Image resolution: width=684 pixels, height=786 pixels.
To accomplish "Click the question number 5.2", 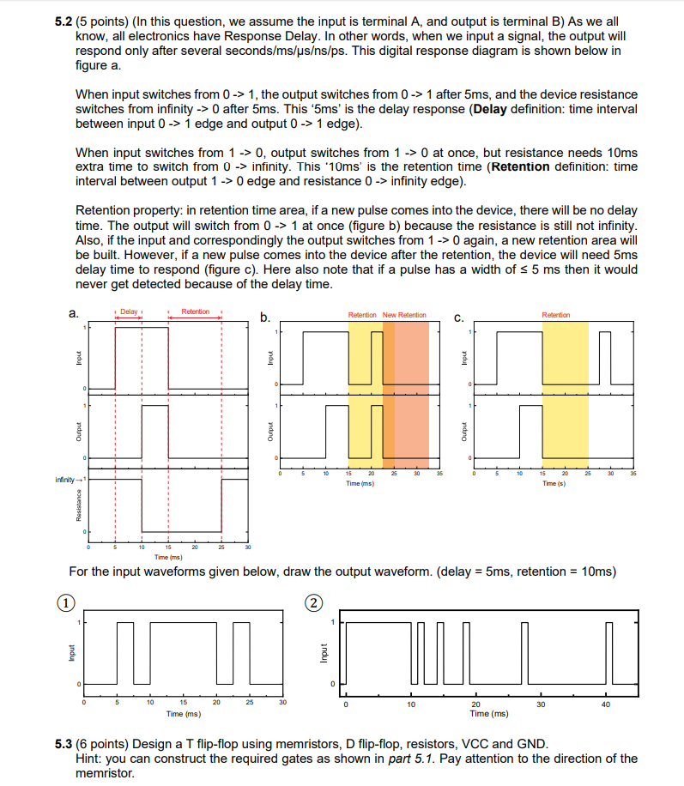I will click(64, 20).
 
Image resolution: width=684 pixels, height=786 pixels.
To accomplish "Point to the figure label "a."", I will click(73, 314).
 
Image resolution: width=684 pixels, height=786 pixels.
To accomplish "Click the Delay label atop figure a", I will click(129, 311).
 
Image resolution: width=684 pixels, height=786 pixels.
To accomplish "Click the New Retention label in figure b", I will click(404, 315).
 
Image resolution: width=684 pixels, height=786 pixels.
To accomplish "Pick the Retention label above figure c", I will click(555, 315).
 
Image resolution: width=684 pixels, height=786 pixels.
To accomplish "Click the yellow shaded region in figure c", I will click(565, 386).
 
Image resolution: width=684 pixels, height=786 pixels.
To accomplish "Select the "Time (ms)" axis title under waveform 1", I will click(184, 713).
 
